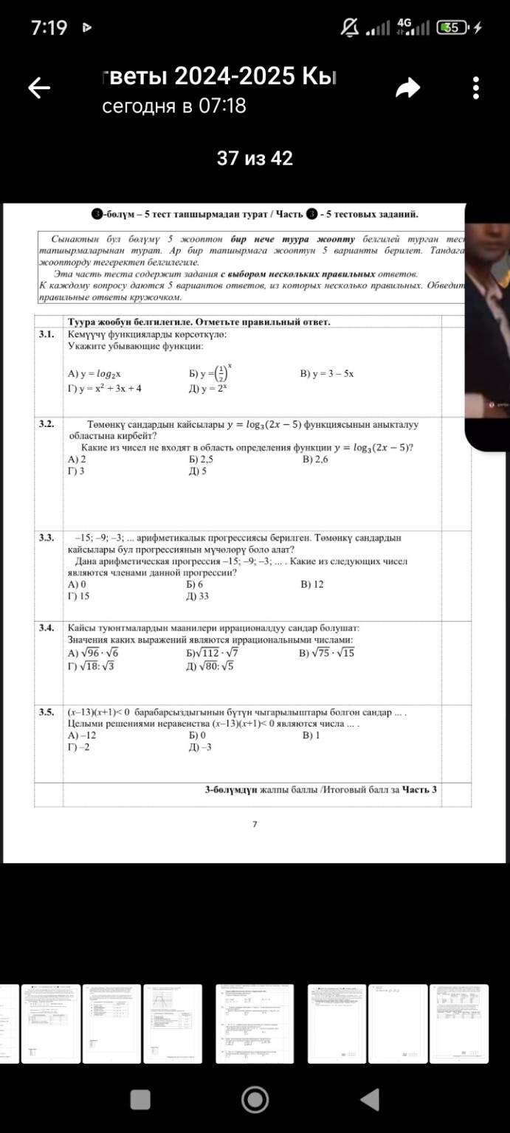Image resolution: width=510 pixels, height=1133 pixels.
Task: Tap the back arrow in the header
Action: click(39, 89)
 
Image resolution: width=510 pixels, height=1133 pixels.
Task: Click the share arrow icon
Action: click(407, 89)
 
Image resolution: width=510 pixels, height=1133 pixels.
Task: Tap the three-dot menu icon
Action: click(476, 88)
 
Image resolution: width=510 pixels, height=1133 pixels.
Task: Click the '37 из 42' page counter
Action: click(255, 159)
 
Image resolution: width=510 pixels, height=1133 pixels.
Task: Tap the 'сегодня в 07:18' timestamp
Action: click(174, 107)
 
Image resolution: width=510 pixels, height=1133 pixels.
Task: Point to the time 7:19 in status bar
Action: click(49, 28)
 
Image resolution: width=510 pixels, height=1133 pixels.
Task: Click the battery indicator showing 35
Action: click(452, 28)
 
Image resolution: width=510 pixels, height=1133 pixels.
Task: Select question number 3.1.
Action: click(46, 334)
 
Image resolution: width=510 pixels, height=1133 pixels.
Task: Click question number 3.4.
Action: click(46, 628)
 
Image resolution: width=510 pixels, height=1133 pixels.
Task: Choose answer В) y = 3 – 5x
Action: click(327, 374)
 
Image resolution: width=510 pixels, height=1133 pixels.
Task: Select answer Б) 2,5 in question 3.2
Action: click(201, 460)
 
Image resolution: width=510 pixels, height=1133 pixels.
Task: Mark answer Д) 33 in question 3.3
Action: click(199, 596)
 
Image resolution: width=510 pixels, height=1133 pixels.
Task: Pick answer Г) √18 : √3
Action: click(91, 665)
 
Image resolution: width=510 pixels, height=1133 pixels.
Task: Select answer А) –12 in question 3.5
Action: click(82, 735)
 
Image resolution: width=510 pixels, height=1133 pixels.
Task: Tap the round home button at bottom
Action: click(255, 1101)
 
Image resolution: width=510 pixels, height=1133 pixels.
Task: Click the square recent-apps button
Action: click(140, 1101)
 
